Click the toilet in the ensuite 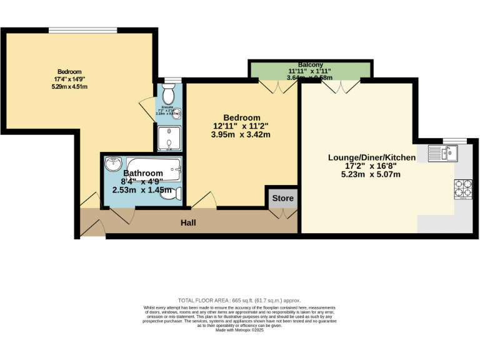click(x=167, y=94)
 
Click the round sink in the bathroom click(x=114, y=164)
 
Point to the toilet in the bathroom click(x=171, y=194)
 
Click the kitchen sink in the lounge click(x=443, y=152)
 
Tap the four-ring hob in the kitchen click(x=463, y=189)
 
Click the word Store click(x=282, y=199)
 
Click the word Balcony click(x=311, y=64)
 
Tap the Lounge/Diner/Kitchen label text click(x=372, y=157)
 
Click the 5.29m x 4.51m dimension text click(x=69, y=86)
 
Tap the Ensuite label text click(x=167, y=107)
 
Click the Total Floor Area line click(x=239, y=301)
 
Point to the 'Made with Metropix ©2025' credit click(x=239, y=331)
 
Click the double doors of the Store click(x=282, y=214)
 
